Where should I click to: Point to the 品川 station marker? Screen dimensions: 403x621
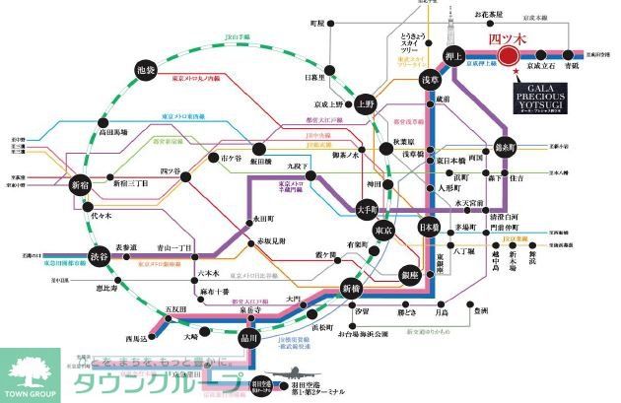(249, 339)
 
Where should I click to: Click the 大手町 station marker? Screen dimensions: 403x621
(367, 210)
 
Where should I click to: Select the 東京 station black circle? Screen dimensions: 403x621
(384, 231)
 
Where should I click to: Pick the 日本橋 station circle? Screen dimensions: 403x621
(428, 228)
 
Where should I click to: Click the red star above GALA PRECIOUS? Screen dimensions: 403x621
(516, 71)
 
